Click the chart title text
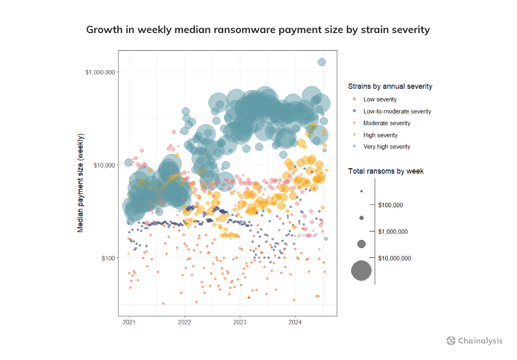[258, 30]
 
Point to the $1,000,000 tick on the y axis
[100, 72]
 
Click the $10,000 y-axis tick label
[103, 165]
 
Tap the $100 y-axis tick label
[106, 257]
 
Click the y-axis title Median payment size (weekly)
[80, 182]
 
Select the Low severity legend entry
[380, 99]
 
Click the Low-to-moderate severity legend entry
[397, 111]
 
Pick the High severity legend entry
[380, 135]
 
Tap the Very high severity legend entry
[386, 147]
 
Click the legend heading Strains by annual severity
[390, 87]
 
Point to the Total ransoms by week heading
[386, 171]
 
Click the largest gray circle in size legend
[362, 271]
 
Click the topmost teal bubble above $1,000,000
[322, 62]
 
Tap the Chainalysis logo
[474, 341]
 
